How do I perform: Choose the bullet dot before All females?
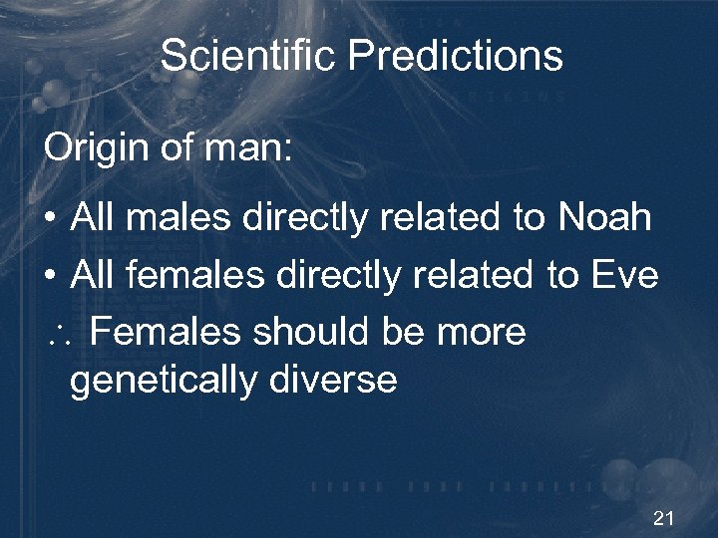49,277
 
